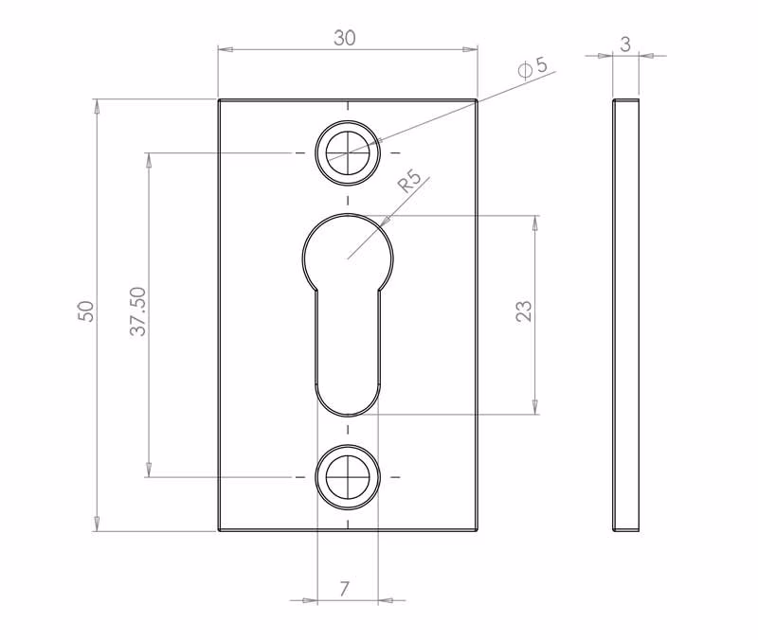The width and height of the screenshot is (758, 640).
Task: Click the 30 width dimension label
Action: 345,38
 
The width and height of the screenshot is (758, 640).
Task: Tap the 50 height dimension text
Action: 85,311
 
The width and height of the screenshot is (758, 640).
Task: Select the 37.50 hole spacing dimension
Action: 137,311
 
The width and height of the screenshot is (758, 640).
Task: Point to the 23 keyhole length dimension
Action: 524,311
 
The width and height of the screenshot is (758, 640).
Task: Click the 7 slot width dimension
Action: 344,589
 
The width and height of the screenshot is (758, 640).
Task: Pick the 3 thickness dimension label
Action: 625,44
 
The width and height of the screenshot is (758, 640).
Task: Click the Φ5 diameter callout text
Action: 532,67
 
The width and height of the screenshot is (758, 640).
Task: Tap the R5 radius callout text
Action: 409,181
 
